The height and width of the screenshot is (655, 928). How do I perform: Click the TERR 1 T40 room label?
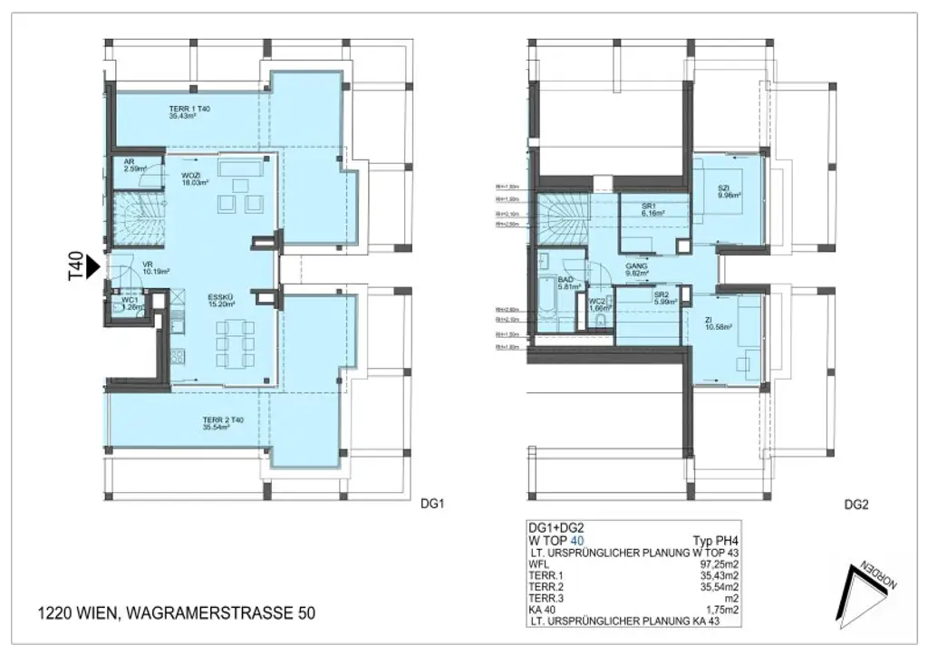188,112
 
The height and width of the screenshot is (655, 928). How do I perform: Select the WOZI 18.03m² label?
191,178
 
